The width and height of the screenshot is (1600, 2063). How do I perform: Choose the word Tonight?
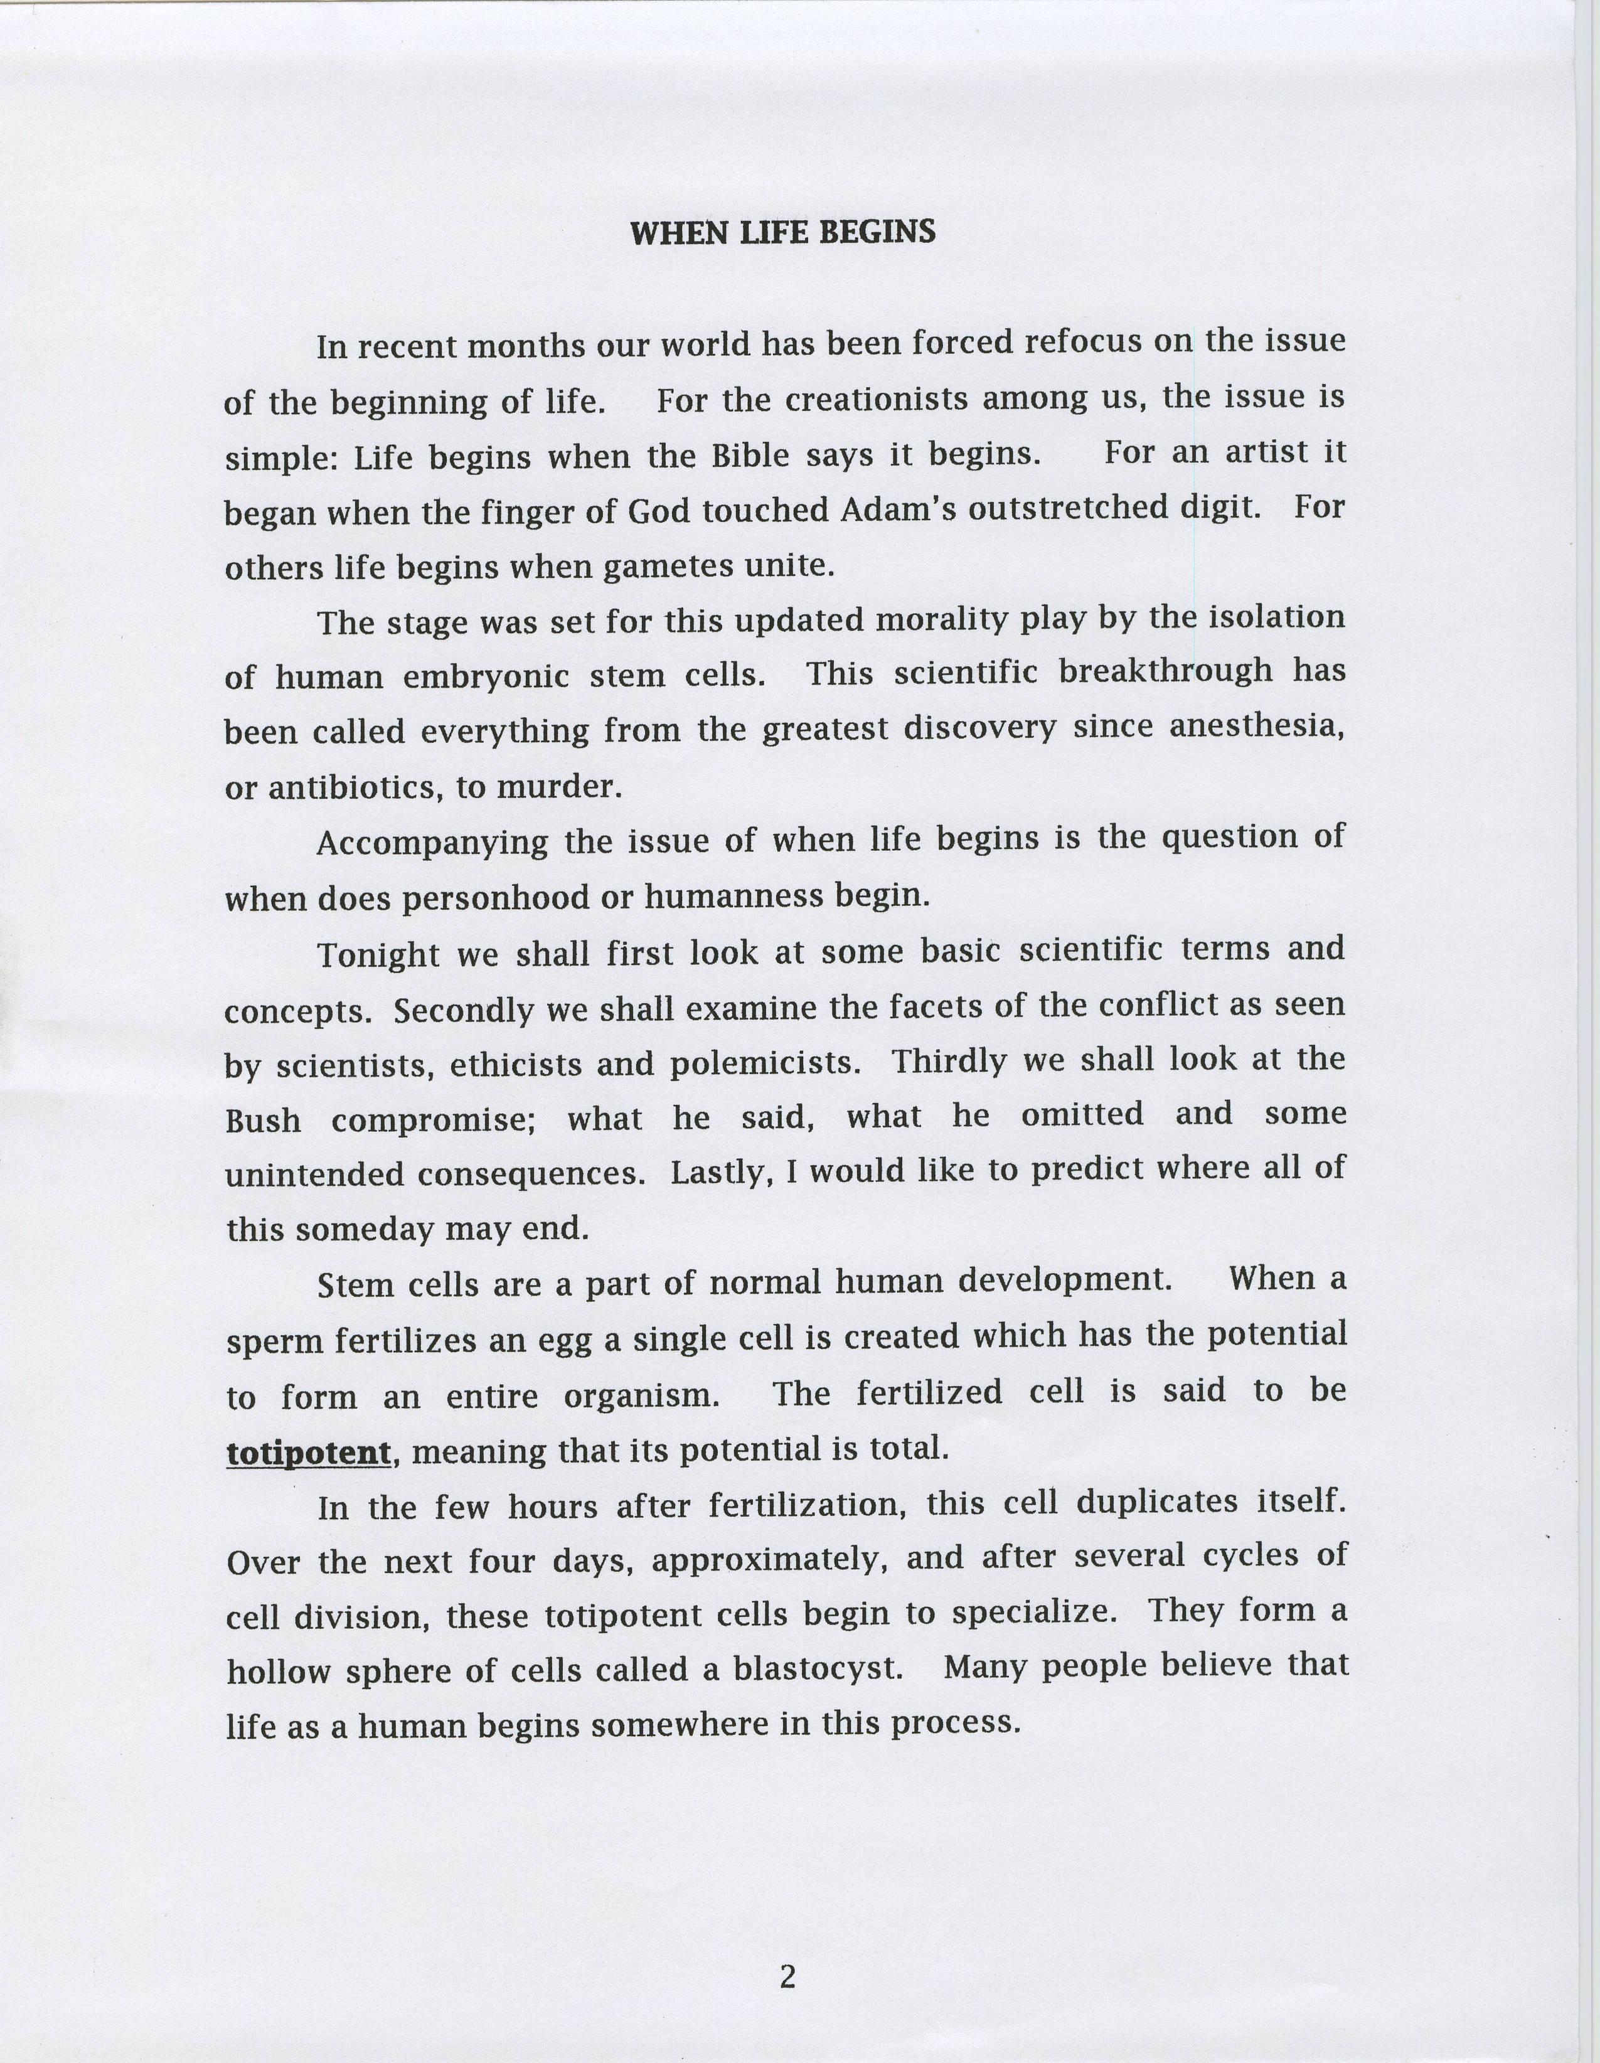(x=378, y=954)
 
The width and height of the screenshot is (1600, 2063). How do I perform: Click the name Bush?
(x=264, y=1121)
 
